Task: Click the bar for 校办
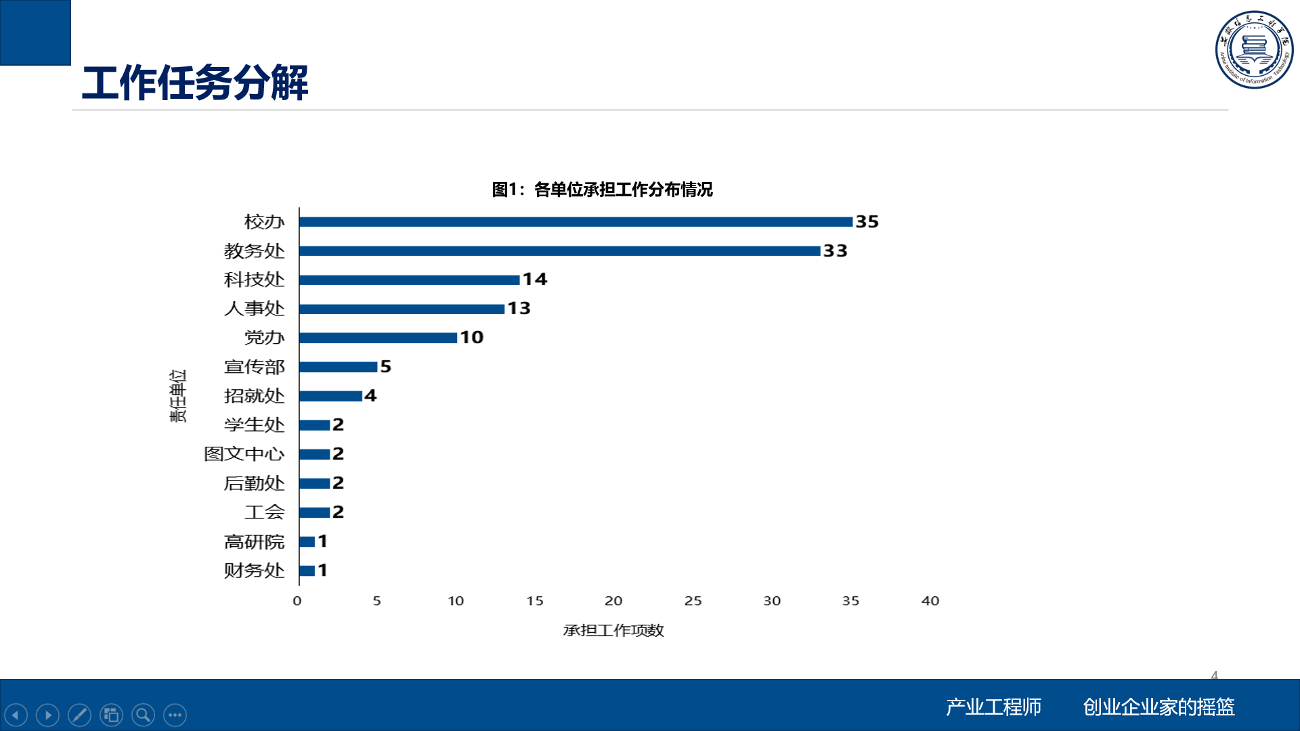click(x=576, y=222)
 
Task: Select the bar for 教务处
click(x=559, y=251)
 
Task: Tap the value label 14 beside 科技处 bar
click(x=535, y=280)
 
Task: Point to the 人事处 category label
click(x=254, y=309)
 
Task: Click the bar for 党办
click(x=378, y=338)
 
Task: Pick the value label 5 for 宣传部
click(x=386, y=367)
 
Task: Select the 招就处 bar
click(x=330, y=396)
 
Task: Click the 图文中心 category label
click(x=244, y=454)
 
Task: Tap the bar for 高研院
click(x=307, y=541)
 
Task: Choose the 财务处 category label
click(x=254, y=571)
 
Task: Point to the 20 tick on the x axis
click(x=613, y=601)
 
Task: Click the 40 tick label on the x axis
click(x=930, y=601)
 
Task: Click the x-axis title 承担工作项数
click(x=613, y=631)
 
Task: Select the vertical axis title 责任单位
click(x=177, y=396)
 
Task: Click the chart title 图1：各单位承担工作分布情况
click(x=602, y=190)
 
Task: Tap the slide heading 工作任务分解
click(x=195, y=83)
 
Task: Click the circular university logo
click(x=1254, y=49)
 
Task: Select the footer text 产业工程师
click(x=993, y=707)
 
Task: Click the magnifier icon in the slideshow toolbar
click(x=143, y=715)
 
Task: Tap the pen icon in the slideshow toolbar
click(x=79, y=715)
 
